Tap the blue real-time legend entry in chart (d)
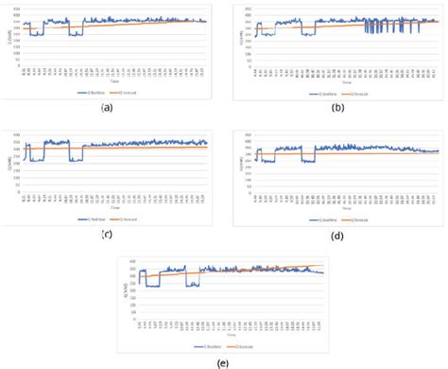click(x=324, y=219)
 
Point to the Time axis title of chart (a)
click(x=114, y=82)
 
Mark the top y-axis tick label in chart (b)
click(x=248, y=8)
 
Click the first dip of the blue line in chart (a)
click(x=37, y=34)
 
